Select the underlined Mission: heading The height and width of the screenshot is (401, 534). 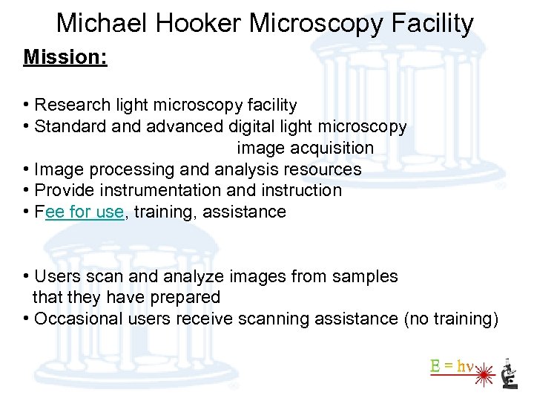click(x=65, y=57)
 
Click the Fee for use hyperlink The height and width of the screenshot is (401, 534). click(x=85, y=212)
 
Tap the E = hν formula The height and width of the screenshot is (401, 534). click(x=452, y=365)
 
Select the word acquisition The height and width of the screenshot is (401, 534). click(x=328, y=148)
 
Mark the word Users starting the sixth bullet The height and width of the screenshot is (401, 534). click(x=56, y=276)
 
